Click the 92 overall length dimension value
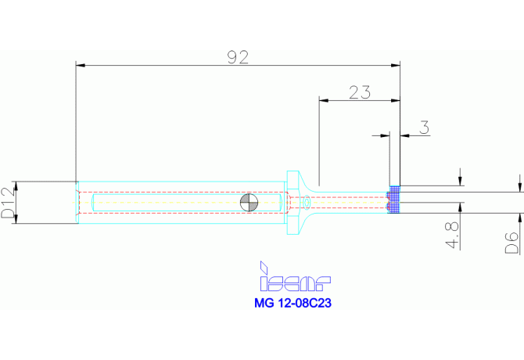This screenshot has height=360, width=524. (238, 57)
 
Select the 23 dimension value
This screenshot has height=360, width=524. (360, 92)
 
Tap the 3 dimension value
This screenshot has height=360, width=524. (424, 128)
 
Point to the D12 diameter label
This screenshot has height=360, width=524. (9, 203)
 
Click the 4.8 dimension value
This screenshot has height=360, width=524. (452, 236)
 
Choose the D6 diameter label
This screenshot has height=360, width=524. (511, 243)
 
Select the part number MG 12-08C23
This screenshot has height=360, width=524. (293, 303)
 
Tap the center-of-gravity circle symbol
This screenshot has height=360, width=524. (249, 203)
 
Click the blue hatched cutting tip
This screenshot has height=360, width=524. (393, 200)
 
